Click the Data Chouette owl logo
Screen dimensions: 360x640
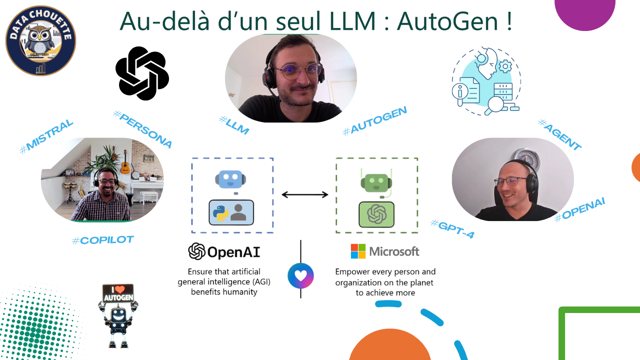pos(40,40)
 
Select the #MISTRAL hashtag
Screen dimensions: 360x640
pos(46,135)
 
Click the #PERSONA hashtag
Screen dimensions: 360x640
pos(143,129)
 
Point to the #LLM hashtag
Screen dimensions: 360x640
pos(234,124)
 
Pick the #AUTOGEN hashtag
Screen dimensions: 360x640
pos(374,120)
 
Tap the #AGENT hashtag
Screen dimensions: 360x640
pos(559,134)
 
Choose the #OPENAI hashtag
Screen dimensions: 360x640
pos(580,209)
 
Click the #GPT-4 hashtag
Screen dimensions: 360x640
pos(452,228)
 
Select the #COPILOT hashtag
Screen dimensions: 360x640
pos(102,240)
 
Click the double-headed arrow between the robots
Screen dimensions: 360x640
pos(304,194)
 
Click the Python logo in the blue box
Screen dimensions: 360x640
pos(220,212)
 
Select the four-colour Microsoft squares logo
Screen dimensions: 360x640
pos(358,251)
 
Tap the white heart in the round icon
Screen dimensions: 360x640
pos(300,275)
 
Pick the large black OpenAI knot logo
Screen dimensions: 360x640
pos(142,73)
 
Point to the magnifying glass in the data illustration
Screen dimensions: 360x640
pos(496,104)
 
